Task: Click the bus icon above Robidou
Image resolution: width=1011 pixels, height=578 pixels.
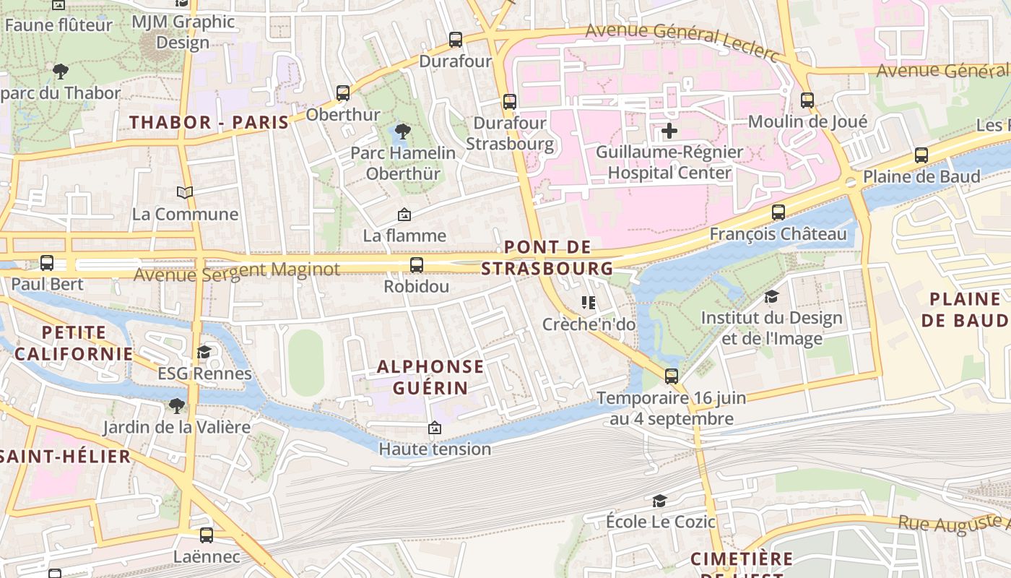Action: [x=417, y=265]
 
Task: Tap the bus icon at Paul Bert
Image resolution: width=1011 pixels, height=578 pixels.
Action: [x=47, y=263]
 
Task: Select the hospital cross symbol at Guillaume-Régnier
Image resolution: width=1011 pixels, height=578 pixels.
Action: [x=669, y=131]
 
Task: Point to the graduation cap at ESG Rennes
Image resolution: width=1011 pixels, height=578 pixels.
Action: [x=204, y=352]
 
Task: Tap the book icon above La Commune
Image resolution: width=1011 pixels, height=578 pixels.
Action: [x=186, y=192]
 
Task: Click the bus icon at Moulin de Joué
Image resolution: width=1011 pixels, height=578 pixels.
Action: [x=807, y=100]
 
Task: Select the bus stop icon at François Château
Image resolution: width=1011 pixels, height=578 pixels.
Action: [x=778, y=212]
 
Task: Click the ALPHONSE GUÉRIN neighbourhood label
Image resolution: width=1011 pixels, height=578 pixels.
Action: [x=430, y=376]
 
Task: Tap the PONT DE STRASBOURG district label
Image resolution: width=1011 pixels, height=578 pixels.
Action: [x=547, y=258]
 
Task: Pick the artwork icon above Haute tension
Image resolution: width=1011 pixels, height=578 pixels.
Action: [x=434, y=428]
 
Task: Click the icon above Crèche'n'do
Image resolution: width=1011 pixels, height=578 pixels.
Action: [x=589, y=303]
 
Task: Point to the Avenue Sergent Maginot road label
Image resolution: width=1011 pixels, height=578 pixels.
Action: [x=237, y=272]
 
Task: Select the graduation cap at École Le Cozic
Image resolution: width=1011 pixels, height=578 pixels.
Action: [x=659, y=501]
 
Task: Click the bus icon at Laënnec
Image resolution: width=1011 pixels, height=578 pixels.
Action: [x=207, y=535]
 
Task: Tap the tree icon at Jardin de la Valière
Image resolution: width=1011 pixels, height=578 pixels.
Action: [x=176, y=405]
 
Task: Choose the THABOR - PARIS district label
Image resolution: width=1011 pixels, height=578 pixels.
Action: [x=209, y=122]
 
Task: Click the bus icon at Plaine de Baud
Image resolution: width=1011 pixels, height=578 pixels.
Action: [x=921, y=155]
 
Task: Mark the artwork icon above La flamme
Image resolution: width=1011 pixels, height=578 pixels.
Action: [x=404, y=215]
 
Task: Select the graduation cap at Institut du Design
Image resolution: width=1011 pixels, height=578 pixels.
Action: [x=771, y=297]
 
